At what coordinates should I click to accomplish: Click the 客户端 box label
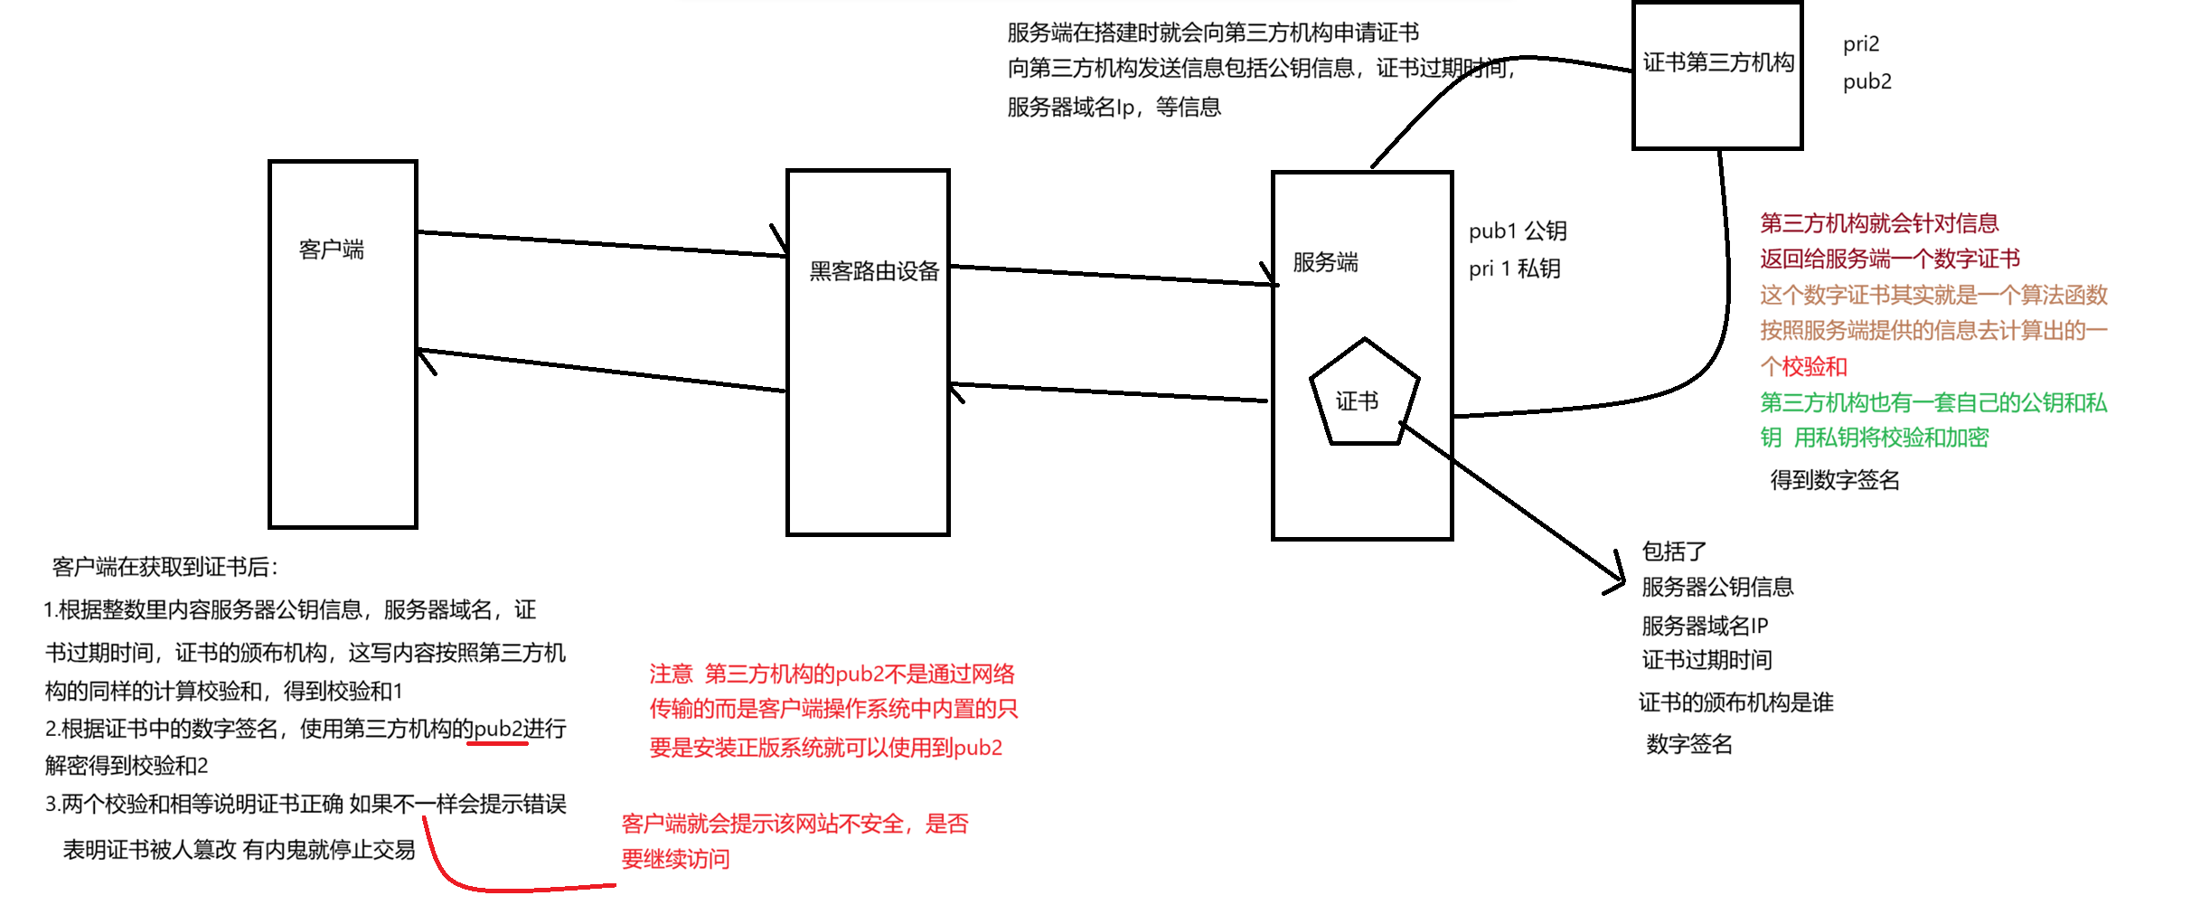pyautogui.click(x=332, y=250)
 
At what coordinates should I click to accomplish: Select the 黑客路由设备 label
pyautogui.click(x=874, y=271)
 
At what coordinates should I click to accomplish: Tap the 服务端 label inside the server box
pyautogui.click(x=1325, y=262)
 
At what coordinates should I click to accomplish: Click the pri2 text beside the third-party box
pyautogui.click(x=1861, y=44)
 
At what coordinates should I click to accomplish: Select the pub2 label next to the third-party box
pyautogui.click(x=1866, y=81)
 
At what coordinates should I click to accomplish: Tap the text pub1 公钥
pyautogui.click(x=1518, y=231)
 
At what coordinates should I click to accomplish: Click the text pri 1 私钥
pyautogui.click(x=1514, y=269)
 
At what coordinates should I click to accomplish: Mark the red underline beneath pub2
pyautogui.click(x=497, y=744)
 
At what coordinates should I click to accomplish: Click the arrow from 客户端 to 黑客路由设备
pyautogui.click(x=601, y=244)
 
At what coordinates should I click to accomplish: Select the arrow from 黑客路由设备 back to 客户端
pyautogui.click(x=601, y=370)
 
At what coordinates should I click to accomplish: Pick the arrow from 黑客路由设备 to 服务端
pyautogui.click(x=1112, y=275)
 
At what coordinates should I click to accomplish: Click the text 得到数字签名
pyautogui.click(x=1834, y=480)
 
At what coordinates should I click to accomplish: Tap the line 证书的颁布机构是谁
pyautogui.click(x=1735, y=702)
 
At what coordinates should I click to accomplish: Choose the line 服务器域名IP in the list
pyautogui.click(x=1705, y=626)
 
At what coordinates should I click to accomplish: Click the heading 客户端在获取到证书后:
pyautogui.click(x=165, y=567)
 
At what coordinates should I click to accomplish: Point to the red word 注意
pyautogui.click(x=671, y=674)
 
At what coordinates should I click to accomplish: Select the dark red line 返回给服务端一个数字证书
pyautogui.click(x=1889, y=259)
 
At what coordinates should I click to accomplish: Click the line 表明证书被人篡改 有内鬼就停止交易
pyautogui.click(x=239, y=850)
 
